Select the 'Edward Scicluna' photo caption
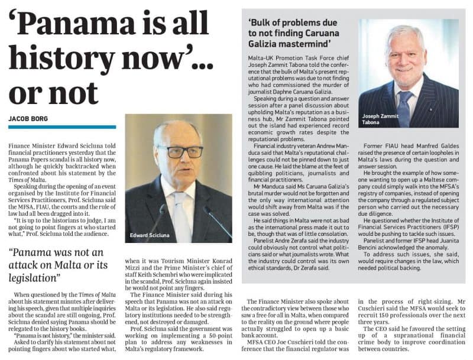(151, 235)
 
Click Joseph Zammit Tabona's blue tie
(404, 106)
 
